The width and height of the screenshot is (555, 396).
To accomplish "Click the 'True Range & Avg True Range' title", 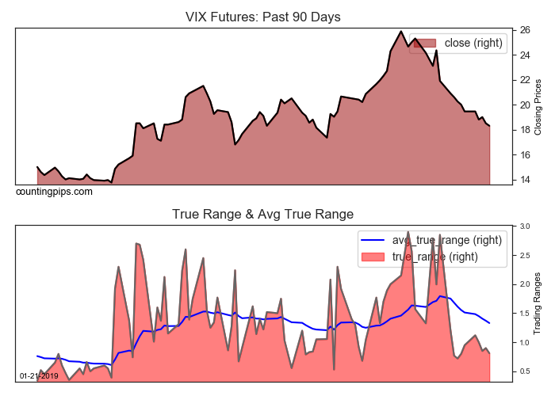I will click(x=262, y=214).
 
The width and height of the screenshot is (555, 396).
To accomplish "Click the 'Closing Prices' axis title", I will click(x=538, y=106).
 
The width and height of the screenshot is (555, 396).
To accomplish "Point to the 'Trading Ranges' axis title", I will click(x=538, y=303).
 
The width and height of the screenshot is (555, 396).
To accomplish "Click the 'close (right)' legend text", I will click(x=474, y=43).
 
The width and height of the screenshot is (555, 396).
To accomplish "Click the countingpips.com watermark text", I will click(x=54, y=192).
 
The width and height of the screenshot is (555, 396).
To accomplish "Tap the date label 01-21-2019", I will click(x=38, y=375).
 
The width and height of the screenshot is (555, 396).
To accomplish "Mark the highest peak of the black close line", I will click(x=401, y=32).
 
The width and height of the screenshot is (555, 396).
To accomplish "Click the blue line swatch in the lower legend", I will click(x=373, y=239).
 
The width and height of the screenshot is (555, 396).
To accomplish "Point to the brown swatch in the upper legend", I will click(x=425, y=43).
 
